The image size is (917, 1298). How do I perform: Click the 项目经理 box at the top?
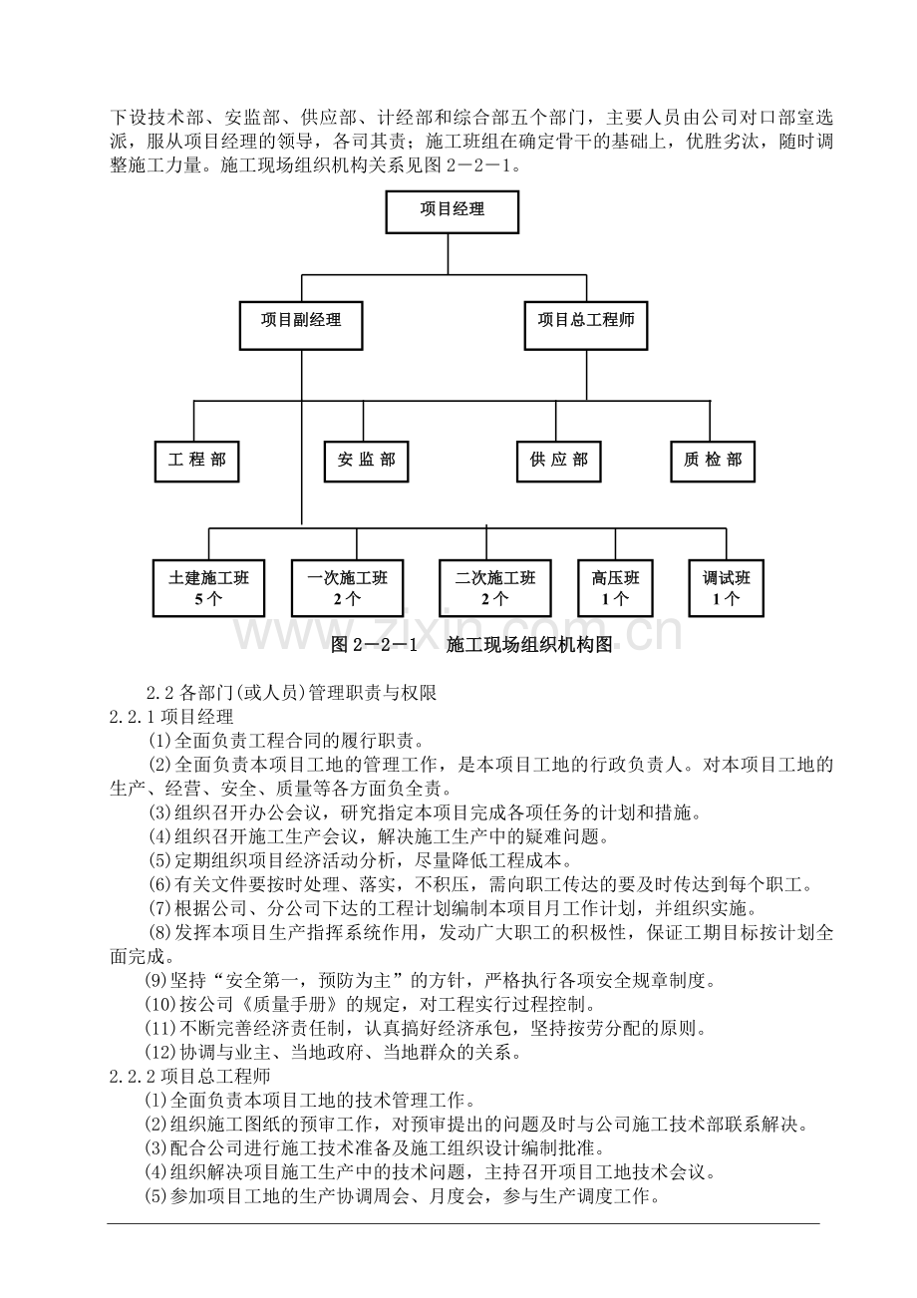click(452, 212)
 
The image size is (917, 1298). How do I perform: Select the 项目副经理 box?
click(301, 326)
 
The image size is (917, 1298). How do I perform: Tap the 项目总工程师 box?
click(586, 326)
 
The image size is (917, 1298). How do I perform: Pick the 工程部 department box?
click(197, 462)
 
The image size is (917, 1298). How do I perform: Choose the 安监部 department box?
click(366, 462)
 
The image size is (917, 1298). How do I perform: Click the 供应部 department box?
click(558, 462)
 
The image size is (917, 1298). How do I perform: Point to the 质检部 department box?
click(713, 462)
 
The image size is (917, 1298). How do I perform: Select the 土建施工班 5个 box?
click(208, 587)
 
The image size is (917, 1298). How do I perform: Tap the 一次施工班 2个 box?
click(347, 587)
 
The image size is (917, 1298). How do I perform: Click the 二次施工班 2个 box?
click(494, 587)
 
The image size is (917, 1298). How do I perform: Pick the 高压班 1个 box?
click(615, 587)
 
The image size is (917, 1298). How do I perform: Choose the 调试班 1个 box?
click(726, 587)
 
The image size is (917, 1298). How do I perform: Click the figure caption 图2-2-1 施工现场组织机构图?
click(471, 645)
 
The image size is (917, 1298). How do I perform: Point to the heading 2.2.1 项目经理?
click(171, 716)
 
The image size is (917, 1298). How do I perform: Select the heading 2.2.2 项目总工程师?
click(190, 1076)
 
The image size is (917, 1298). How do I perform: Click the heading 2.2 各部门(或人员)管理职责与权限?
click(291, 693)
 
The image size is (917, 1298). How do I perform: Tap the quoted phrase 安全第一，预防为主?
click(316, 980)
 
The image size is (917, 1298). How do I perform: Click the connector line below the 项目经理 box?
click(448, 254)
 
